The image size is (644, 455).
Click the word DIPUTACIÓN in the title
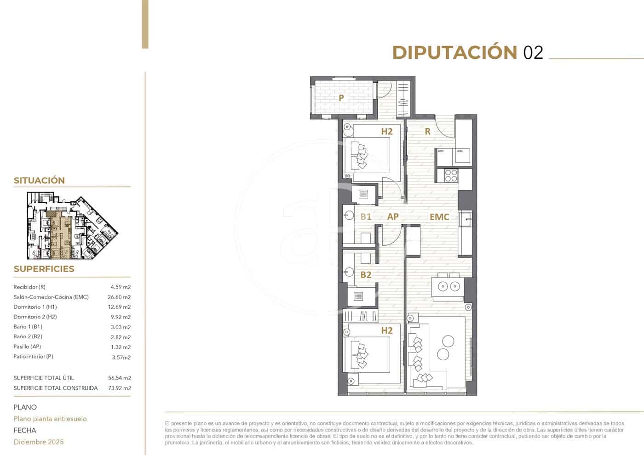click(454, 52)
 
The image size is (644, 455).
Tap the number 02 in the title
click(533, 53)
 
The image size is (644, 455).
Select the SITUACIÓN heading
click(39, 181)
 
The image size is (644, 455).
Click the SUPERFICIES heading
click(44, 269)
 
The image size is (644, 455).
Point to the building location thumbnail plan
click(72, 225)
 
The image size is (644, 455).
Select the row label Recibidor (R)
click(29, 287)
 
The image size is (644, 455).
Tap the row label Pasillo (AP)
click(27, 347)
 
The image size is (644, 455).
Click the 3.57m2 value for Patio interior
click(121, 357)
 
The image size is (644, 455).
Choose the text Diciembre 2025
click(39, 442)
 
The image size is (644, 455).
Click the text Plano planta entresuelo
click(50, 419)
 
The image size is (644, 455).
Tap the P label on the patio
click(341, 97)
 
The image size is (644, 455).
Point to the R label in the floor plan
click(427, 131)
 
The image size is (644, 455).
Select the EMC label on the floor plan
click(439, 217)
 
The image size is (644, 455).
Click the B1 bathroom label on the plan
click(366, 216)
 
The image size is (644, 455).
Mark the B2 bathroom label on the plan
click(366, 275)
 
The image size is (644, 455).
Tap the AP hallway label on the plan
click(393, 216)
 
